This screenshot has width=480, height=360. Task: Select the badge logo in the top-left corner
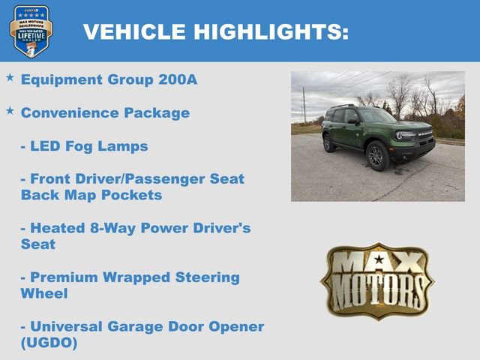(31, 31)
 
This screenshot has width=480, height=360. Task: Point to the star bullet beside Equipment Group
(10, 78)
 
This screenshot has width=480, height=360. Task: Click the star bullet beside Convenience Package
(10, 111)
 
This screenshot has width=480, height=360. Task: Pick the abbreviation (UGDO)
(49, 343)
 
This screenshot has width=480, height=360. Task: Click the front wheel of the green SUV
(377, 156)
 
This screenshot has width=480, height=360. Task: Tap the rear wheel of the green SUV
(329, 143)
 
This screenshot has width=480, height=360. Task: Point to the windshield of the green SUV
(376, 116)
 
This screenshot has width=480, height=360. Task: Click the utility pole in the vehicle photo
(304, 105)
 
